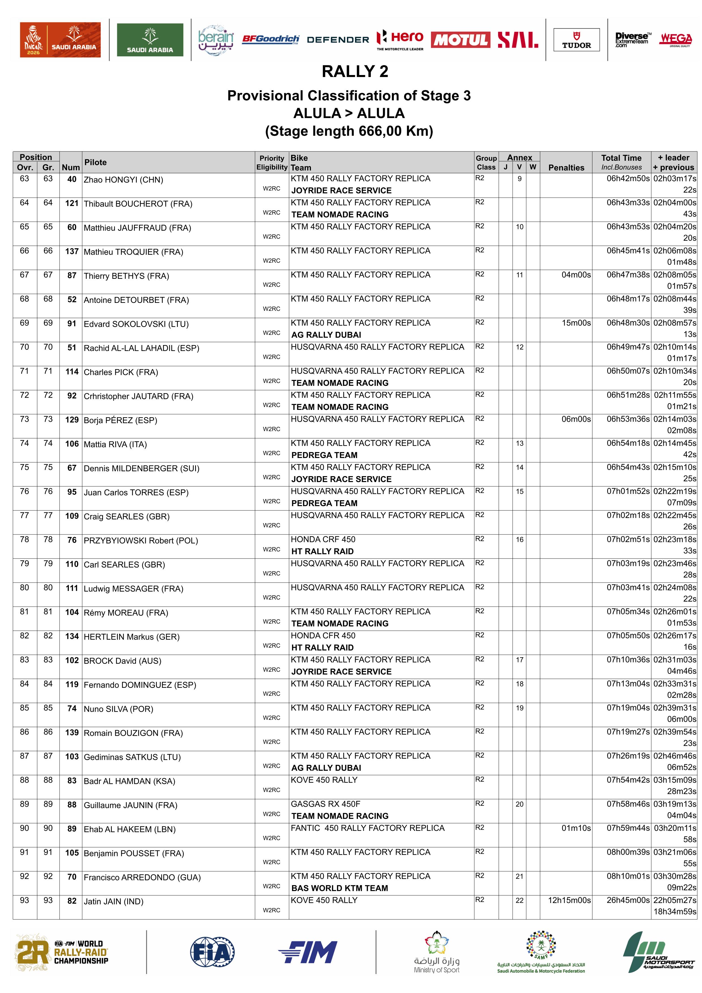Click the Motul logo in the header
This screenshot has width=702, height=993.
click(x=460, y=40)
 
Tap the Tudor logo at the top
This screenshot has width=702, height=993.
click(x=576, y=40)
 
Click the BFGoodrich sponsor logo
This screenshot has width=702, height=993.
click(x=270, y=39)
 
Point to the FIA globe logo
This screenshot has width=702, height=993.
click(x=212, y=952)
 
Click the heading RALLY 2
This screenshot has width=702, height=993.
click(x=355, y=71)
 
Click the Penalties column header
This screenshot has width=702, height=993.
click(x=566, y=167)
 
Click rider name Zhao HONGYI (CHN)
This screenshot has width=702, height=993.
click(x=123, y=180)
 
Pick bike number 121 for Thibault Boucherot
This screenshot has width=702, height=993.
click(x=72, y=203)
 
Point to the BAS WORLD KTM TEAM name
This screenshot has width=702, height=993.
click(x=340, y=888)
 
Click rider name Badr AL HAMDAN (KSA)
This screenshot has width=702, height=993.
click(x=129, y=781)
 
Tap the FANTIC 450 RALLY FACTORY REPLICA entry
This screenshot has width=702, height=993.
click(x=367, y=828)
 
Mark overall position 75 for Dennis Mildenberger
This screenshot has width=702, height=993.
click(x=25, y=468)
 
